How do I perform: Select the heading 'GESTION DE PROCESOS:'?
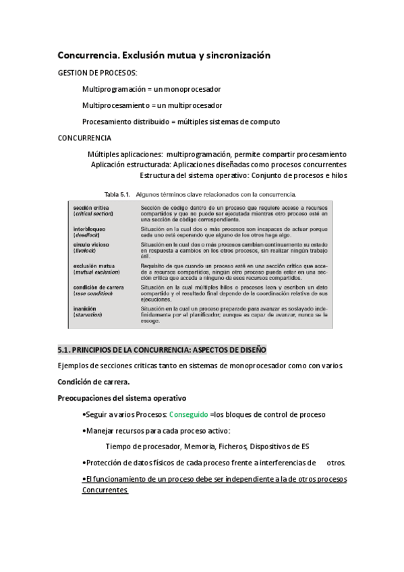[97, 72]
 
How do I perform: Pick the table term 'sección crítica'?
[90, 208]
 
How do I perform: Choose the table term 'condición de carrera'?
[98, 287]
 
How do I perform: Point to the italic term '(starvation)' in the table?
[90, 314]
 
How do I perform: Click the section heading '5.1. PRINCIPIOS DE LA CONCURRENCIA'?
[162, 349]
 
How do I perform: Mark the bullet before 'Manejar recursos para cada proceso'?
[83, 430]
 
